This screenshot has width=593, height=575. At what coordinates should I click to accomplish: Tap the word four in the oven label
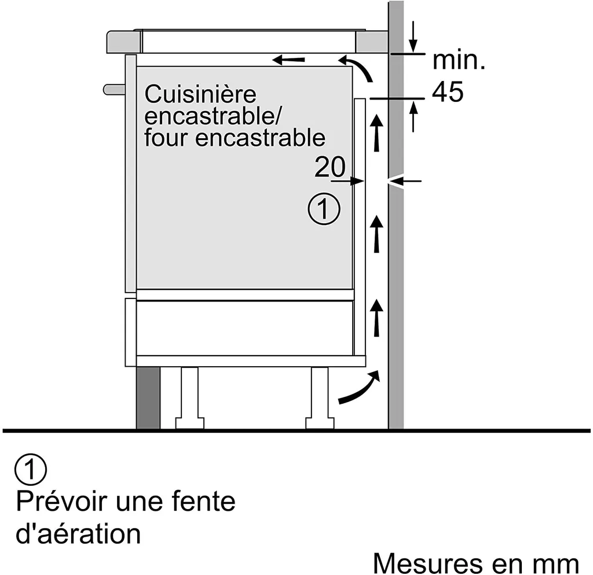click(166, 138)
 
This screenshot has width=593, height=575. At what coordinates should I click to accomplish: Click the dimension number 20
click(330, 168)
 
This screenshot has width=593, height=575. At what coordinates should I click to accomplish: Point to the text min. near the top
click(459, 60)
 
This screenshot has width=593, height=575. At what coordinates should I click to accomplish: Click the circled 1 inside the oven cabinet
click(323, 209)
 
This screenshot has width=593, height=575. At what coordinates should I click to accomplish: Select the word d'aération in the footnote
click(78, 533)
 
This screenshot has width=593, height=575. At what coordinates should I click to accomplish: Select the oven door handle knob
click(114, 89)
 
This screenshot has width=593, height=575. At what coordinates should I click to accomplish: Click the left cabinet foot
click(189, 399)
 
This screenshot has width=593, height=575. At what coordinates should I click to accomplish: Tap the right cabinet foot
click(320, 399)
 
